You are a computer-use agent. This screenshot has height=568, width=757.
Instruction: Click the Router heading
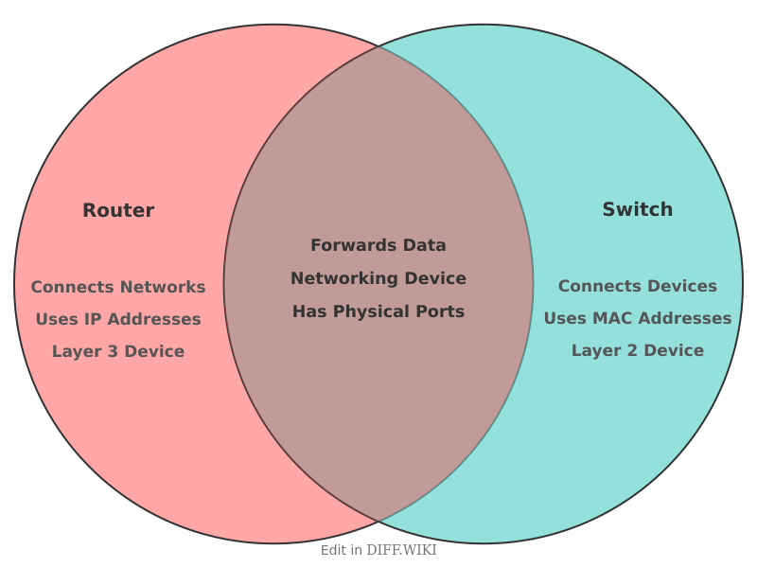click(118, 210)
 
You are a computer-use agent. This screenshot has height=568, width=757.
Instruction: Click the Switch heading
click(637, 209)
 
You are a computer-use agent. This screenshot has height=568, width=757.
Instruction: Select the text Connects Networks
click(118, 287)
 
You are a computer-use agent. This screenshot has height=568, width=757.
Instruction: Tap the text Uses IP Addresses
click(118, 319)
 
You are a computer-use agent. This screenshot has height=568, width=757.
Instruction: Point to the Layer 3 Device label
click(118, 351)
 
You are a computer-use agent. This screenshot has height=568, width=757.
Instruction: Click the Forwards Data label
click(378, 245)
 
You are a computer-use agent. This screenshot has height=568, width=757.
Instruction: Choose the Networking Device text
click(378, 278)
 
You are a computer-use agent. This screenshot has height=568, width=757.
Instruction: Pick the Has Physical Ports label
click(378, 311)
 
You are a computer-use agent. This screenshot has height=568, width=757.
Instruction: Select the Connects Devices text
click(637, 286)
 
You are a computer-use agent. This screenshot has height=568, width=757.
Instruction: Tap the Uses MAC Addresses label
click(637, 318)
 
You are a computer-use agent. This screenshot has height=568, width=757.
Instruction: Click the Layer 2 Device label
click(637, 350)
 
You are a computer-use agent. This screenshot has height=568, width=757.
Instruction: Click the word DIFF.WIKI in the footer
click(401, 550)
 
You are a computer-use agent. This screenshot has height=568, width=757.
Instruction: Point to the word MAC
click(608, 318)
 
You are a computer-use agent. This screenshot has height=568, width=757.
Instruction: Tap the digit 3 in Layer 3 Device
click(113, 351)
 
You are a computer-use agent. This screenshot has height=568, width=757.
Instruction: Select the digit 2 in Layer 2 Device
click(632, 350)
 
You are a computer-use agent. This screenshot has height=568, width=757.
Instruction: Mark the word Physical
click(371, 312)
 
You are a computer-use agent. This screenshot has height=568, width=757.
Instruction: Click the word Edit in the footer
click(334, 550)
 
